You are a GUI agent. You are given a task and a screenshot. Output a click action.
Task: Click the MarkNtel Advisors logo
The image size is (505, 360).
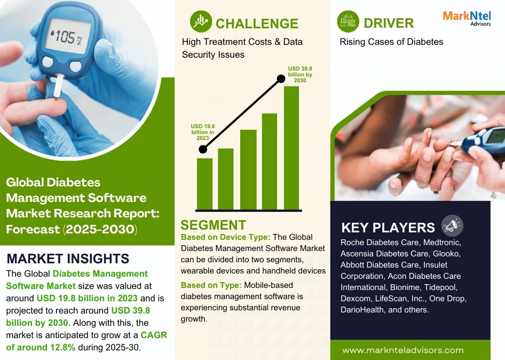pos(467,18)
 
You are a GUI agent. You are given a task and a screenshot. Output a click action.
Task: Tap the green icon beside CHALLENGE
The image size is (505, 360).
pos(201,21)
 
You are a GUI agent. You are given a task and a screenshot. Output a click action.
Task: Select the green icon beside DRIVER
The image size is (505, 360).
pos(348,21)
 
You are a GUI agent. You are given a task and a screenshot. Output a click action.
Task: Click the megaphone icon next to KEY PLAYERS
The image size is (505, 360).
pos(452,225)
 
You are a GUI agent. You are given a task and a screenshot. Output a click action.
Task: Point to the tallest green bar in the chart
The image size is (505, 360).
pos(291,148)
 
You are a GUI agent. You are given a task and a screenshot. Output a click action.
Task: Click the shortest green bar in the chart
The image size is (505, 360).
pos(204,184)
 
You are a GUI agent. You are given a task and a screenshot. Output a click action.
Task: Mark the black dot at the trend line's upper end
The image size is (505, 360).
pos(281,79)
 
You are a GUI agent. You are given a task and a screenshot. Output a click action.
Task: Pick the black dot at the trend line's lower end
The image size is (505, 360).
pos(203,149)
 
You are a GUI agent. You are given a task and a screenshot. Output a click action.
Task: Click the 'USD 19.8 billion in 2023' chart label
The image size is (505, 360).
pos(202,132)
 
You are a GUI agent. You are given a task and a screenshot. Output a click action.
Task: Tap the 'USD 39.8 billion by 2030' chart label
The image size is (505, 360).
pos(300,74)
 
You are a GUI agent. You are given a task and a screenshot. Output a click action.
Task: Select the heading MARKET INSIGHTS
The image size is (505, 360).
pos(68,259)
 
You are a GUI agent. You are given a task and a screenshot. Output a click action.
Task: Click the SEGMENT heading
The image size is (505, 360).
pos(213,225)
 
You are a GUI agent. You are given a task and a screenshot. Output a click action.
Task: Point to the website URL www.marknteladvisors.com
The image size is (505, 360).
pos(403,350)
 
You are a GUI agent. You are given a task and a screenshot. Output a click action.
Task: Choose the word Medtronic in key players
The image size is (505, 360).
pos(442,242)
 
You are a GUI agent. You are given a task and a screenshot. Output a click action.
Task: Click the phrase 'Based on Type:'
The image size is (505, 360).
pos(211,285)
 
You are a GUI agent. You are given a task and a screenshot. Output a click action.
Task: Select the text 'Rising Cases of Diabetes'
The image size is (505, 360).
pos(391,42)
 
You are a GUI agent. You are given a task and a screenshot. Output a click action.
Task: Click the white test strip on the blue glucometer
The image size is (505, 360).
pos(59,86)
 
